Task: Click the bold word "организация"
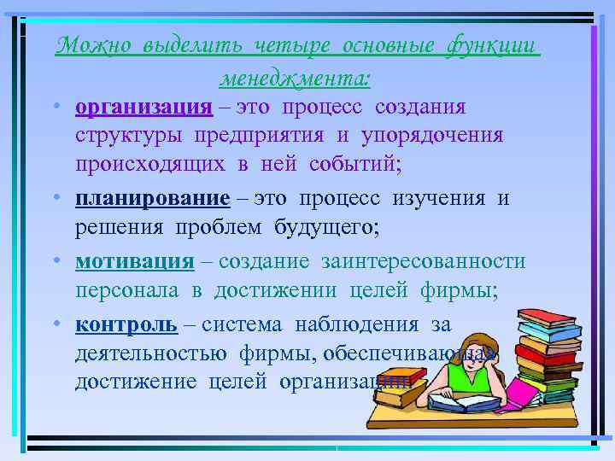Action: click(x=143, y=108)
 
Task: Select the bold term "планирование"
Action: click(x=152, y=199)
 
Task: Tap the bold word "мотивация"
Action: click(x=134, y=261)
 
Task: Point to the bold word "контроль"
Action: click(x=126, y=324)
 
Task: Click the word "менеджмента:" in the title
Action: click(x=296, y=79)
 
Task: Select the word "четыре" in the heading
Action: click(x=284, y=45)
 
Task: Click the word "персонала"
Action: click(x=127, y=290)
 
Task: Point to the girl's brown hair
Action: click(x=448, y=335)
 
